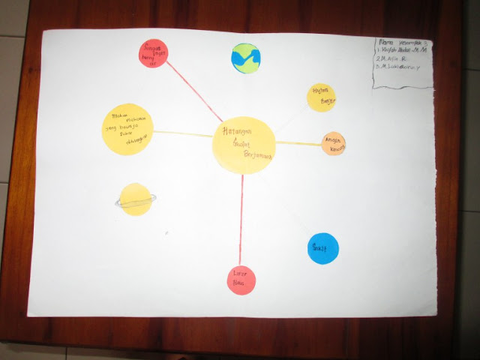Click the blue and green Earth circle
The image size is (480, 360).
(x=245, y=57)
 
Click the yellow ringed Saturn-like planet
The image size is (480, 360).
(x=136, y=199)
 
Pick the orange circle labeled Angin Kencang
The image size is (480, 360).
(x=334, y=143)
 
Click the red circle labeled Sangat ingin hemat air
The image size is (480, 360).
(x=154, y=54)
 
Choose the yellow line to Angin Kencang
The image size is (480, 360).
(x=298, y=142)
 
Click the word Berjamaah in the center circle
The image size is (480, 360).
(x=256, y=156)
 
